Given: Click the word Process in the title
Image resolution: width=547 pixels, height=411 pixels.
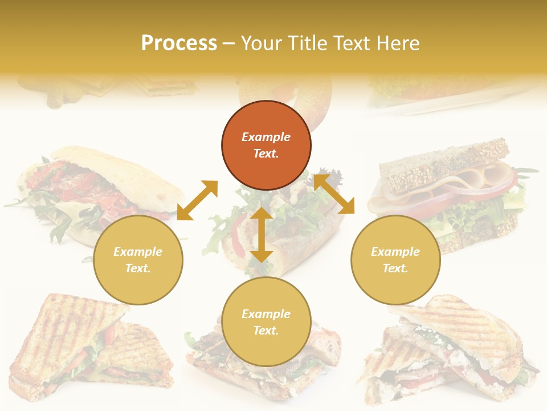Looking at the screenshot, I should tap(178, 43).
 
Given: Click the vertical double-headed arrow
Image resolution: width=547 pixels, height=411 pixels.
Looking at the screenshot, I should tap(262, 235).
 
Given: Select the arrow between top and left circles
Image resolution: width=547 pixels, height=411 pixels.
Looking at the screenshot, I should tap(197, 200).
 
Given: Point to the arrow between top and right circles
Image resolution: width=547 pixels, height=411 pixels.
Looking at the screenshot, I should tap(334, 194).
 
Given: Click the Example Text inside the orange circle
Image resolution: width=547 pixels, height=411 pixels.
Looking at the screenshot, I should tap(266, 145).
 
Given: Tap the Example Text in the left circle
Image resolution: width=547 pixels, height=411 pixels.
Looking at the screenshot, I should tap(138, 260).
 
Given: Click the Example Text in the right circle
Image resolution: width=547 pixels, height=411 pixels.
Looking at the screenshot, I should tap(395, 260).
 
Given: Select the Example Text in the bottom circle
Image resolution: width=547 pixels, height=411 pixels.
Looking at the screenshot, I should tap(266, 322).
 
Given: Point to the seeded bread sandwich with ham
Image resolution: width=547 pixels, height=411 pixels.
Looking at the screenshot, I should tap(450, 183).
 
